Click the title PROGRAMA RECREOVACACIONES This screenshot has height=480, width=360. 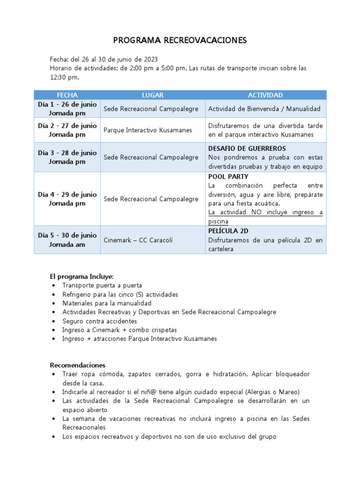[180, 41]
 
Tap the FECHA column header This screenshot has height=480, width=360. [67, 95]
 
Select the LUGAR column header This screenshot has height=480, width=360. [153, 95]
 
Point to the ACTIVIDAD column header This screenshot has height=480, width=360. [265, 95]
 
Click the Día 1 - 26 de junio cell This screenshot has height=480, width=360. [67, 109]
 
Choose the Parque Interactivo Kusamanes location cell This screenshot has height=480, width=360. [148, 130]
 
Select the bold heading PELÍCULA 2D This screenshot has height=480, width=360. [228, 231]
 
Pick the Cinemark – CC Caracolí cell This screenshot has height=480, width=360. [138, 240]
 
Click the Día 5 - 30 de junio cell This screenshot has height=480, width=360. [67, 240]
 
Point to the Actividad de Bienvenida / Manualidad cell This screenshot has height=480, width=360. [264, 109]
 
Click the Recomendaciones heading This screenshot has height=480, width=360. [78, 365]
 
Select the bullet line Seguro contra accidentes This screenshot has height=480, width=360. [99, 321]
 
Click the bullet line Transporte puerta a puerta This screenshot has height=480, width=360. [102, 285]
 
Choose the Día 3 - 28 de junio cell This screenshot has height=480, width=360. [67, 157]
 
